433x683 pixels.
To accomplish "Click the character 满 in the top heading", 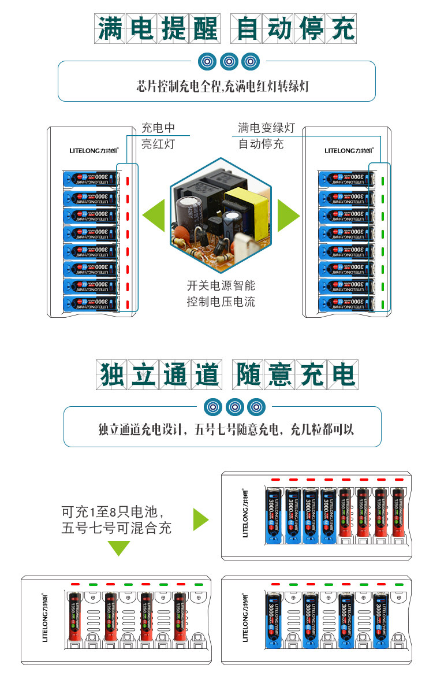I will click(110, 28).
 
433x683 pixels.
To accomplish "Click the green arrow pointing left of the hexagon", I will click(154, 216).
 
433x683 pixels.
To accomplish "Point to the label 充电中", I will click(158, 128).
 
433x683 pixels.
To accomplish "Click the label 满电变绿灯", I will click(266, 128).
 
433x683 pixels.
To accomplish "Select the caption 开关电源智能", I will click(221, 285).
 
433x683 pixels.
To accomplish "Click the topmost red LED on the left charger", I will click(128, 180).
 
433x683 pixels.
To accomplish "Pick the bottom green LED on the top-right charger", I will click(382, 304).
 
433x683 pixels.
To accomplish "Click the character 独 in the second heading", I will click(112, 374).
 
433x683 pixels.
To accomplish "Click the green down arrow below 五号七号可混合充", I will click(119, 548).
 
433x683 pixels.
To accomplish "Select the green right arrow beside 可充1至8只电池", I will click(200, 519).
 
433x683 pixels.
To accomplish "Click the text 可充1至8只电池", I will click(114, 512).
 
